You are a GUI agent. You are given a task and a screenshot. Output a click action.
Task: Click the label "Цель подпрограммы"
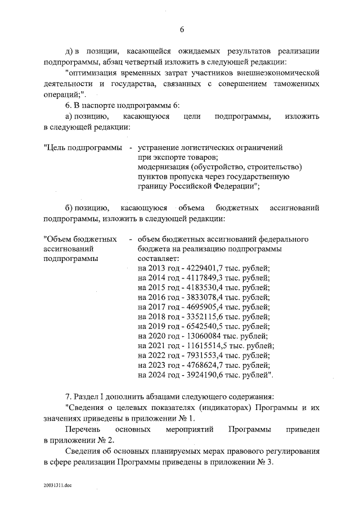pyautogui.click(x=83, y=147)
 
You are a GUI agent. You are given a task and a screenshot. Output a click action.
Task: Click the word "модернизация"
pyautogui.click(x=163, y=167)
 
